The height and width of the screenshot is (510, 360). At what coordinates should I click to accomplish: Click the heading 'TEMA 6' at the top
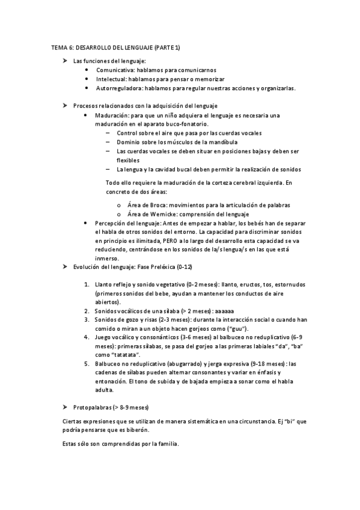point(63,47)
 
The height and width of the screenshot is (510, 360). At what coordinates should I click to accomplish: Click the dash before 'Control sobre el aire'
point(108,133)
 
